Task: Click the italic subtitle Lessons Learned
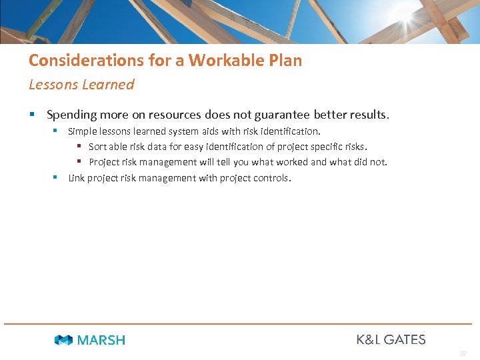[x=81, y=85]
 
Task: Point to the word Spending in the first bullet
[x=72, y=115]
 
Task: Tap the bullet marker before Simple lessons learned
[x=56, y=131]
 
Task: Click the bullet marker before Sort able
[x=78, y=147]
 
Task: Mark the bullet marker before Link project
[x=56, y=178]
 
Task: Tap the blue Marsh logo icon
[x=63, y=340]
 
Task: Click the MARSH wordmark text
[x=101, y=340]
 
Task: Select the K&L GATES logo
[x=391, y=339]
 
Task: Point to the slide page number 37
[x=463, y=353]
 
